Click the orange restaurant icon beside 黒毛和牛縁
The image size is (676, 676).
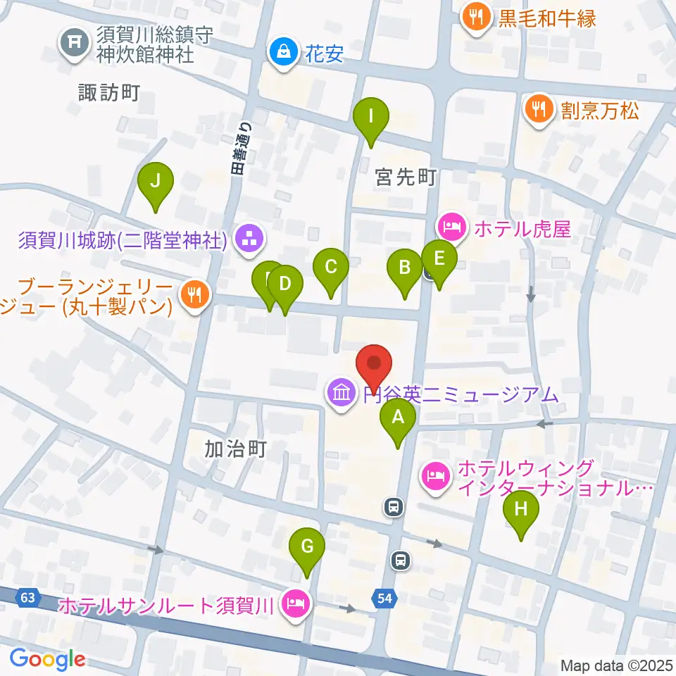(477, 17)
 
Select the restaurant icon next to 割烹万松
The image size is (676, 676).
(539, 110)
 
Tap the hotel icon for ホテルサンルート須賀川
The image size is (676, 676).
(294, 604)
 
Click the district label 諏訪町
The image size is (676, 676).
(109, 92)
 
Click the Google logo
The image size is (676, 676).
(48, 659)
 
